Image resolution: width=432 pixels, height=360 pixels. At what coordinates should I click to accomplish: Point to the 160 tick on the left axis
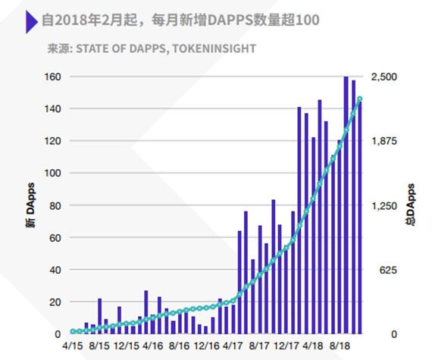52,77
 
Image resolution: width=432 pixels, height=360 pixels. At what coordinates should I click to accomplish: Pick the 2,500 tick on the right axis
383,77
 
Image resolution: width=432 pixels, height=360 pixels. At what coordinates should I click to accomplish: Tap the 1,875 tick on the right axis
383,142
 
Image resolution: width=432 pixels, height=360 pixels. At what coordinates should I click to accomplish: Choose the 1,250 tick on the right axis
383,205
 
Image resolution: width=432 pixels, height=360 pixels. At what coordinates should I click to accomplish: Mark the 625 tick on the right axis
378,270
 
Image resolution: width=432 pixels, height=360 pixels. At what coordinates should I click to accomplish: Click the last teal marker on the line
360,99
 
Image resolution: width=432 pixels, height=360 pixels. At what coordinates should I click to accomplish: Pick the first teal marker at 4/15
73,331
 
